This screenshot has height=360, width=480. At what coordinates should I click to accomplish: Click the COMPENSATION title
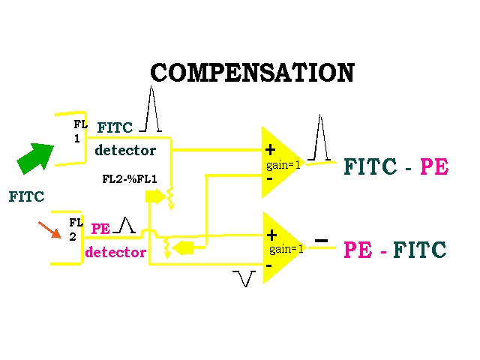252,73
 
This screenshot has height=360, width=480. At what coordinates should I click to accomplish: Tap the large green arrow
35,157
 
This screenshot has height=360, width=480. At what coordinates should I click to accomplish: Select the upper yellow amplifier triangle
280,162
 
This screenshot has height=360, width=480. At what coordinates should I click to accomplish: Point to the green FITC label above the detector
115,127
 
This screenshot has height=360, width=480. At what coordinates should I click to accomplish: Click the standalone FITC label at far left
26,197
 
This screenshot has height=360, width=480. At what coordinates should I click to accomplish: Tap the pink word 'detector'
115,252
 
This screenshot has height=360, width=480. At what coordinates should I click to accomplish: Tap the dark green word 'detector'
125,151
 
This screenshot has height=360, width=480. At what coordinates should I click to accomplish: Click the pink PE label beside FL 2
100,228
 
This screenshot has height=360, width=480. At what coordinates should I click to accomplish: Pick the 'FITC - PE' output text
395,167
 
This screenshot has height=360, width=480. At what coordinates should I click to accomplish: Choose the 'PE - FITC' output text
394,250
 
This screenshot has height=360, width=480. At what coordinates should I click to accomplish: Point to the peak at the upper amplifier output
321,138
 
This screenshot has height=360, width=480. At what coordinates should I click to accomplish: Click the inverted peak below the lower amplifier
244,278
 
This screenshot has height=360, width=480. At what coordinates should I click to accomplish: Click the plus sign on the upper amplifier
271,150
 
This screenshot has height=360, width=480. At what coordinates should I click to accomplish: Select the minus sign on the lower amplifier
268,265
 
